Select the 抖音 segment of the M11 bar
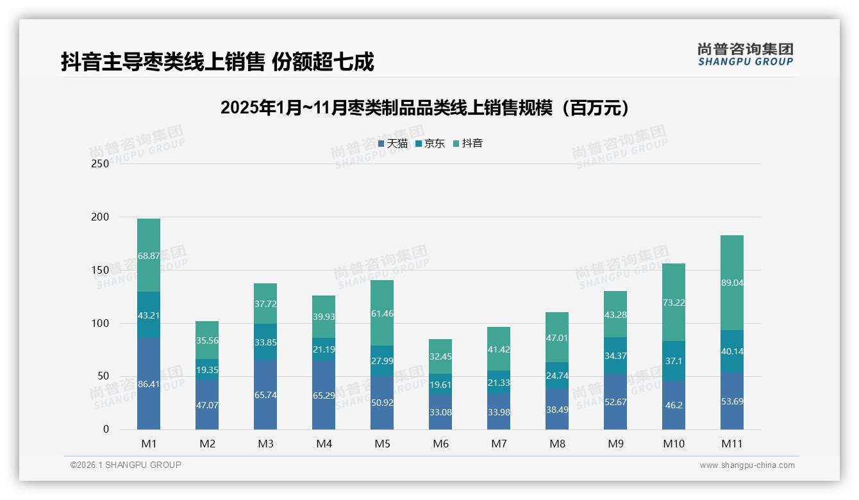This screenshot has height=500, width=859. point(731,283)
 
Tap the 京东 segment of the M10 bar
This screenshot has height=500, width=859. point(673,361)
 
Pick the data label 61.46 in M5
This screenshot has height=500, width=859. point(382,314)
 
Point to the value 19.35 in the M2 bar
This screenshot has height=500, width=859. point(207,370)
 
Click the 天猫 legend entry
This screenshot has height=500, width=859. point(393,144)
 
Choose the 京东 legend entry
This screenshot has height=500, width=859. point(430,144)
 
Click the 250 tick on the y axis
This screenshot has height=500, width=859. point(101,163)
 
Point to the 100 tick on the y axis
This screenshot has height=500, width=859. point(101,323)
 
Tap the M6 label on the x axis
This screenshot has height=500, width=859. point(440,444)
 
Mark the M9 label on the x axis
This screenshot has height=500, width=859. point(615,444)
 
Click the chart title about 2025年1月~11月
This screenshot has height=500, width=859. point(424,108)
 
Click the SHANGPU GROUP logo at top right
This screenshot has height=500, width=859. point(745,54)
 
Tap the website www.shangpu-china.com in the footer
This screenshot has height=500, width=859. point(747,465)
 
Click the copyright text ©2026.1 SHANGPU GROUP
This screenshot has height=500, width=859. point(126,465)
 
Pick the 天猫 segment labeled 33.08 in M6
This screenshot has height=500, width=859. point(440,412)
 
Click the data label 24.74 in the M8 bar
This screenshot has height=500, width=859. point(557,376)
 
